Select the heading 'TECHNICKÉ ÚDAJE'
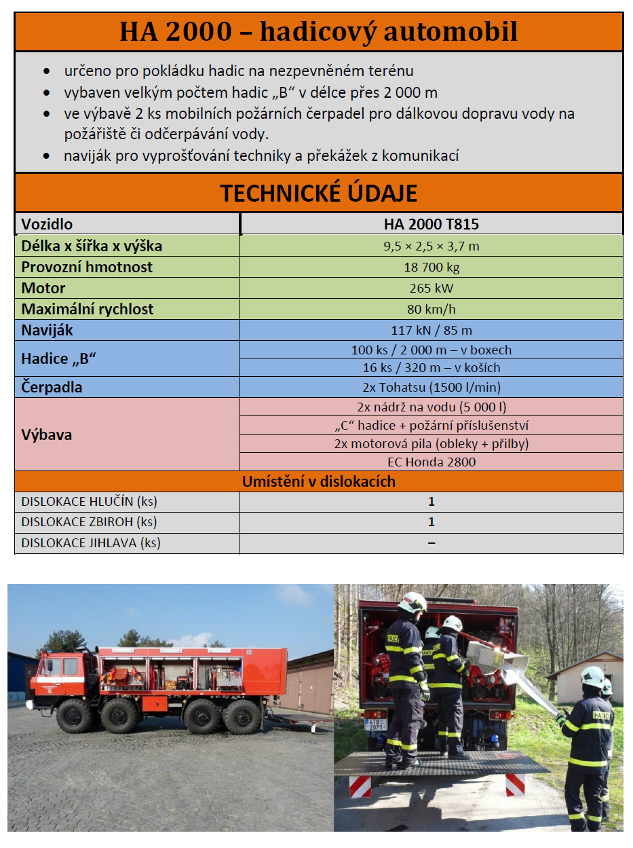coord(319,193)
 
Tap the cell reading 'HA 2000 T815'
coord(431,224)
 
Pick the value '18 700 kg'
coord(431,267)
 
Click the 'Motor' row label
coord(43,288)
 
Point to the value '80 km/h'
coord(431,309)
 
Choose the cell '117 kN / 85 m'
coord(431,331)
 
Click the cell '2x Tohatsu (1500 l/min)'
coord(431,388)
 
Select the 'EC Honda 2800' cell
coord(431,462)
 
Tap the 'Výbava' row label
coord(47,435)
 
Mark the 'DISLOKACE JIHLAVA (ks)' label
coord(91,543)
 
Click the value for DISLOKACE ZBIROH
coord(431,522)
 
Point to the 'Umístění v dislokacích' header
coord(319,481)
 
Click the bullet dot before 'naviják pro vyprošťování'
coord(46,156)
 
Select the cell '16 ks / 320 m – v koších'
coord(431,367)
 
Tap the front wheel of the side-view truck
coord(75,715)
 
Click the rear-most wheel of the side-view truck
coord(242,716)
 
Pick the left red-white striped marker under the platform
coord(360,786)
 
